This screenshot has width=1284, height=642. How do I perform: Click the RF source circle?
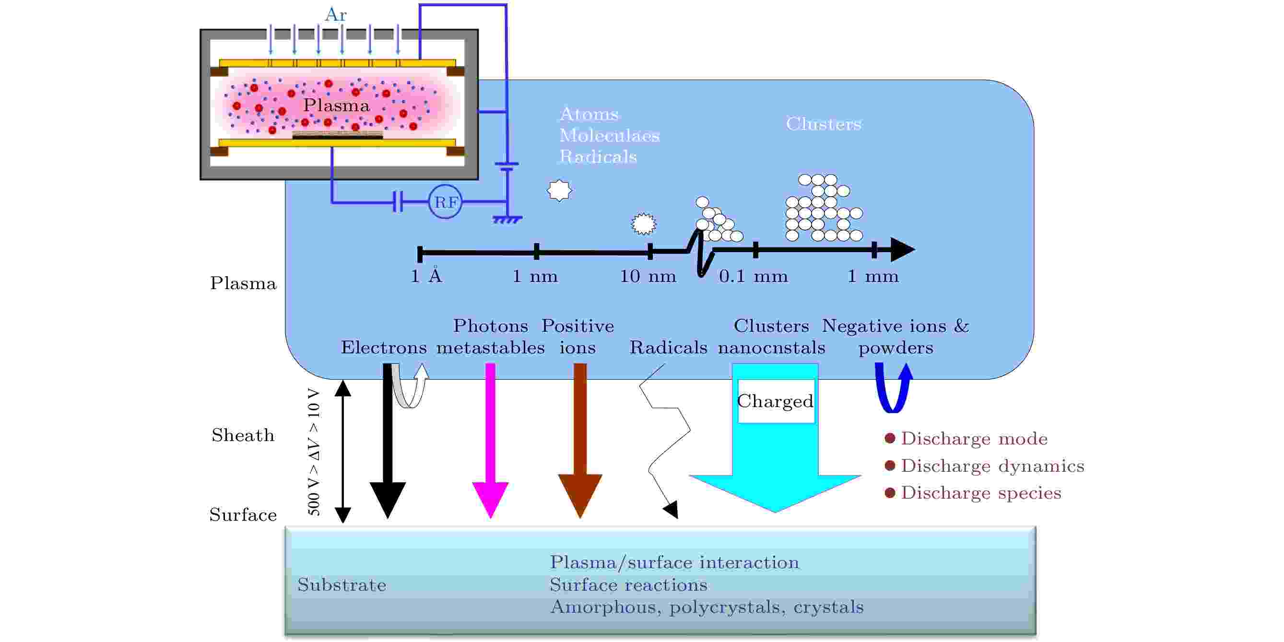coord(445,202)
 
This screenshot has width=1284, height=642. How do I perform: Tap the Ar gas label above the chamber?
coord(335,14)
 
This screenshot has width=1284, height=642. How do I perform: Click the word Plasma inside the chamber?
coord(336,105)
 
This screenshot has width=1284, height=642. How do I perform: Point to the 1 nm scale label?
coord(535,276)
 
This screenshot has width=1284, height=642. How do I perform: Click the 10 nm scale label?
coord(648,276)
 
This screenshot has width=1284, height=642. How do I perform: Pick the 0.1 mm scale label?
coord(753,276)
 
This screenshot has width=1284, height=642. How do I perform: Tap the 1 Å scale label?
coord(426,275)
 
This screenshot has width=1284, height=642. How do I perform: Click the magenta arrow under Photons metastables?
coord(490,441)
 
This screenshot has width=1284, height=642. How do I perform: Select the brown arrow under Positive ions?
coord(580,441)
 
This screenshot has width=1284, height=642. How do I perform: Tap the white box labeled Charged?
coord(775,401)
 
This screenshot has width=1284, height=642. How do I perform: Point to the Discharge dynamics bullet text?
coord(992,466)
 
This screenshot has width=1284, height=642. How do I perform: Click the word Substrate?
coord(342,584)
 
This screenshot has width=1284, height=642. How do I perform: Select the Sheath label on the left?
coord(243,435)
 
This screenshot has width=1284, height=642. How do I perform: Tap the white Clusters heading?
coord(824,124)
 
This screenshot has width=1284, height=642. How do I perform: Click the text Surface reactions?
coord(628,584)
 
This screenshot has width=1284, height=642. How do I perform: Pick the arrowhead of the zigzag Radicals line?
coord(671,510)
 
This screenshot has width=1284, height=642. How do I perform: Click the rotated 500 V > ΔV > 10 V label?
coord(314,452)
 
